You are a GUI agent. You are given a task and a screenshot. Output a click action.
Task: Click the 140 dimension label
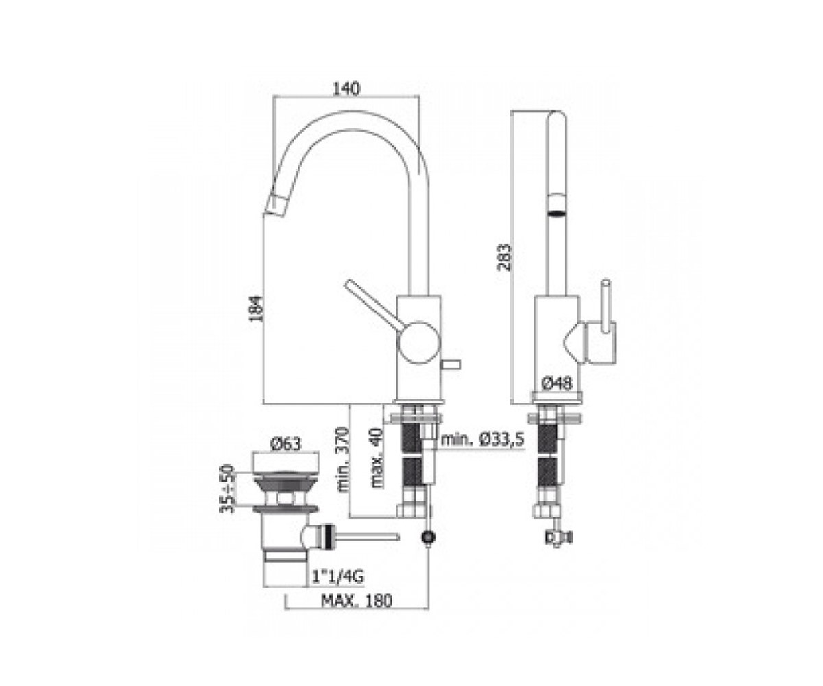click(346, 88)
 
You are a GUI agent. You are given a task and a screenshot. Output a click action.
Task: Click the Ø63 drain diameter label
click(286, 445)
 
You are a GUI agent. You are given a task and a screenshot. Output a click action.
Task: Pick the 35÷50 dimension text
click(227, 489)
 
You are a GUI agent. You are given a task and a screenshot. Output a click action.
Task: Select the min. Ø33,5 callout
click(483, 439)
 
